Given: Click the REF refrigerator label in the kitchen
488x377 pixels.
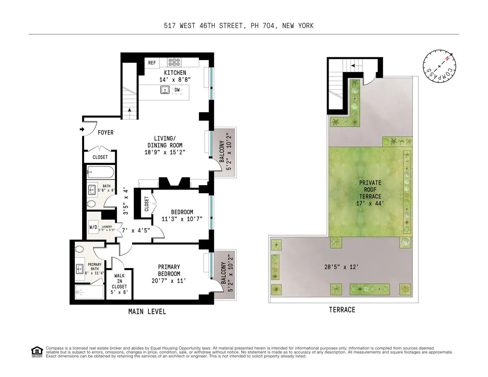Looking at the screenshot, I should click(x=152, y=63).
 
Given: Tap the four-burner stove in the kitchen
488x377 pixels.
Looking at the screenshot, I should click(x=175, y=63).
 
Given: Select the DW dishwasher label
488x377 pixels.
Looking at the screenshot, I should click(x=177, y=90).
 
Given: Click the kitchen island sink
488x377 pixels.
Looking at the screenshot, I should click(x=165, y=90).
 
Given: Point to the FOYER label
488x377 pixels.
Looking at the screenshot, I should click(x=105, y=132).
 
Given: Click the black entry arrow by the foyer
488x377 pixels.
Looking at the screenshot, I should click(x=81, y=129).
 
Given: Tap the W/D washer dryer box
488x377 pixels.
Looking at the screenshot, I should click(x=93, y=227).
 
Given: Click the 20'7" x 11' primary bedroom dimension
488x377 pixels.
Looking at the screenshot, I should click(x=169, y=280).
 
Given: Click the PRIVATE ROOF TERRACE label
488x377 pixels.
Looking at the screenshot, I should click(x=370, y=189).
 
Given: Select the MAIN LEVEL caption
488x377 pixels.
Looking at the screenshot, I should click(x=147, y=312).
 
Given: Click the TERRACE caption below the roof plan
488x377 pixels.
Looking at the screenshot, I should click(x=342, y=310).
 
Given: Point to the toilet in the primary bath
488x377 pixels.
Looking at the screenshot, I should click(x=80, y=249).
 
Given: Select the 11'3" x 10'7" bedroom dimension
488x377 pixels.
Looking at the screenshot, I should click(x=181, y=219).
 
